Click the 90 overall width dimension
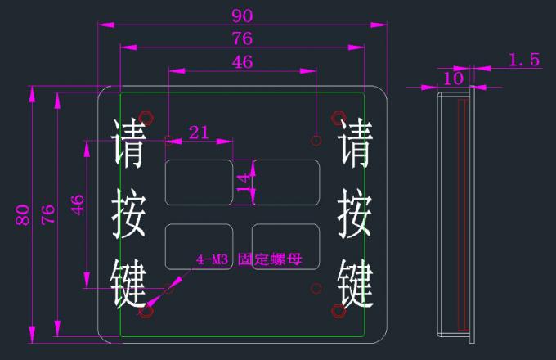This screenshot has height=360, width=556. click(242, 16)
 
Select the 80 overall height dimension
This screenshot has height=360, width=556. click(22, 215)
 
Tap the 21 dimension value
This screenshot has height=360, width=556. click(199, 133)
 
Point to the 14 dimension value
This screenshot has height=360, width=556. click(244, 182)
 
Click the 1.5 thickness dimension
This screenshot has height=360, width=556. click(524, 60)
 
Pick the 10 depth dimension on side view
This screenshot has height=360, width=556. click(453, 79)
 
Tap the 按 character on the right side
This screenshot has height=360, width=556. click(355, 214)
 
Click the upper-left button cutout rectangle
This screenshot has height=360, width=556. click(199, 182)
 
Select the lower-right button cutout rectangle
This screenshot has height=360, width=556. click(286, 246)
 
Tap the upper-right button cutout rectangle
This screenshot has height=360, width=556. click(286, 182)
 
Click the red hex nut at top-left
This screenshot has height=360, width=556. click(146, 118)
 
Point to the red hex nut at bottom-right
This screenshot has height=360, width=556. click(339, 311)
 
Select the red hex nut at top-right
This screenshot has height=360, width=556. click(339, 118)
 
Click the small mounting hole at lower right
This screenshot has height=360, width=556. click(316, 288)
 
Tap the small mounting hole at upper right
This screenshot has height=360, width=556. click(316, 141)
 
